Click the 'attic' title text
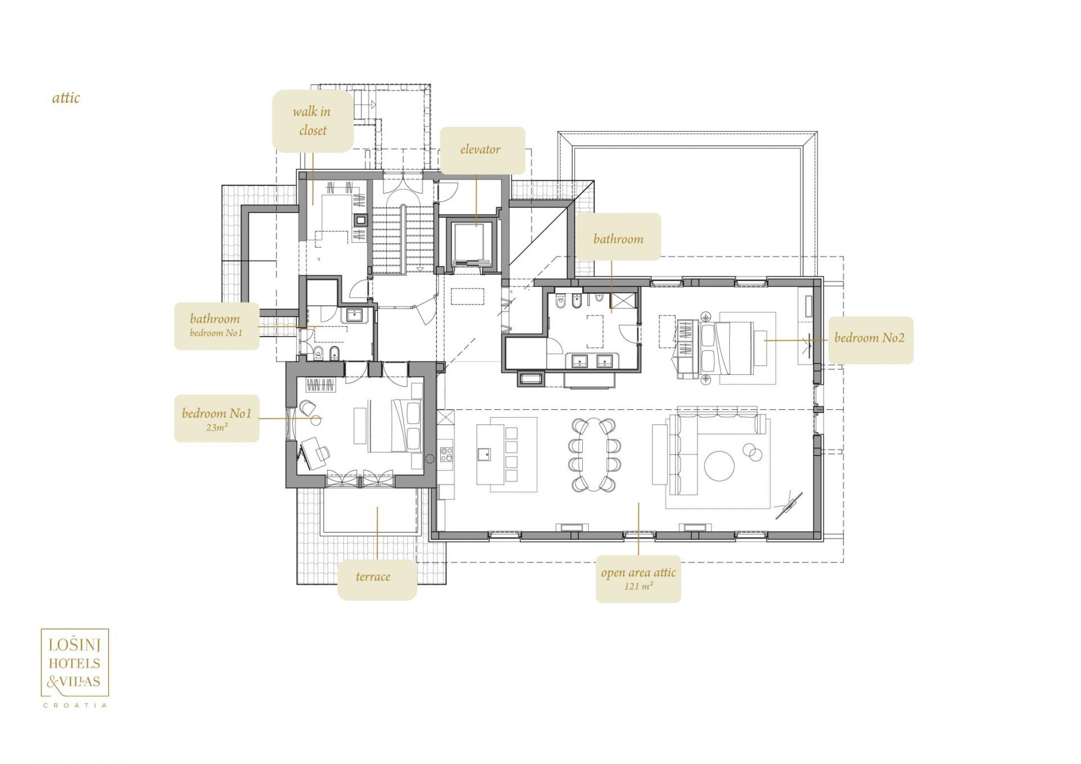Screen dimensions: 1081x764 point(66,98)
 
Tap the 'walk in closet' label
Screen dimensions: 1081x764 point(312,121)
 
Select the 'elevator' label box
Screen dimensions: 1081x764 point(482,150)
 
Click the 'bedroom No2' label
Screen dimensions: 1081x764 point(869,338)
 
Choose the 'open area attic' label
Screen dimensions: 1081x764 point(638,573)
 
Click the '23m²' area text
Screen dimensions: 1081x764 point(217,427)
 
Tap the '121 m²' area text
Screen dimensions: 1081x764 point(638,586)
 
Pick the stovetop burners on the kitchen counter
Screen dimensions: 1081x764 point(446,454)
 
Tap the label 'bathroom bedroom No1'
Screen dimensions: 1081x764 point(217,326)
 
